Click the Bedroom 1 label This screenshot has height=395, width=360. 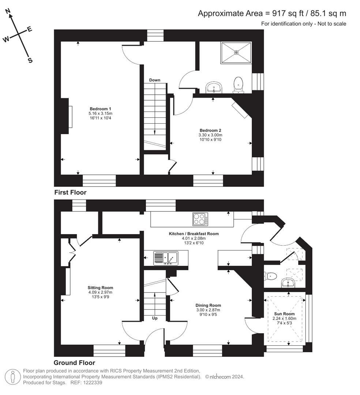click(x=100, y=109)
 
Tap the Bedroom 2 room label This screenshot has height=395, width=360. click(x=210, y=130)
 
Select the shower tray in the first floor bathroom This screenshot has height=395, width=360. click(x=236, y=52)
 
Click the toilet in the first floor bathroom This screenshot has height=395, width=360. click(x=239, y=84)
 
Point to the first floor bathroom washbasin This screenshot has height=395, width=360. click(x=214, y=87)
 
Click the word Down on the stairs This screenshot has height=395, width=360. click(x=154, y=80)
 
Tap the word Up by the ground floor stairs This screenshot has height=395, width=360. click(x=155, y=318)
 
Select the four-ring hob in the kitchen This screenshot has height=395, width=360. click(x=200, y=219)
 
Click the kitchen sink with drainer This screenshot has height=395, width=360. click(x=165, y=258)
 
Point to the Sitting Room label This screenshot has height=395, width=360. click(x=100, y=287)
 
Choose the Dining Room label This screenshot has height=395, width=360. click(x=208, y=305)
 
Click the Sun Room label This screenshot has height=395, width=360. click(x=284, y=314)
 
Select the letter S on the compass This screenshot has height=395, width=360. click(x=30, y=60)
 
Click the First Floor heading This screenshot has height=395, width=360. click(x=70, y=192)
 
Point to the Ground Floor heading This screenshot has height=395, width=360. click(x=74, y=363)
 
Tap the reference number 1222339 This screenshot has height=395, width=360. click(x=93, y=383)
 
